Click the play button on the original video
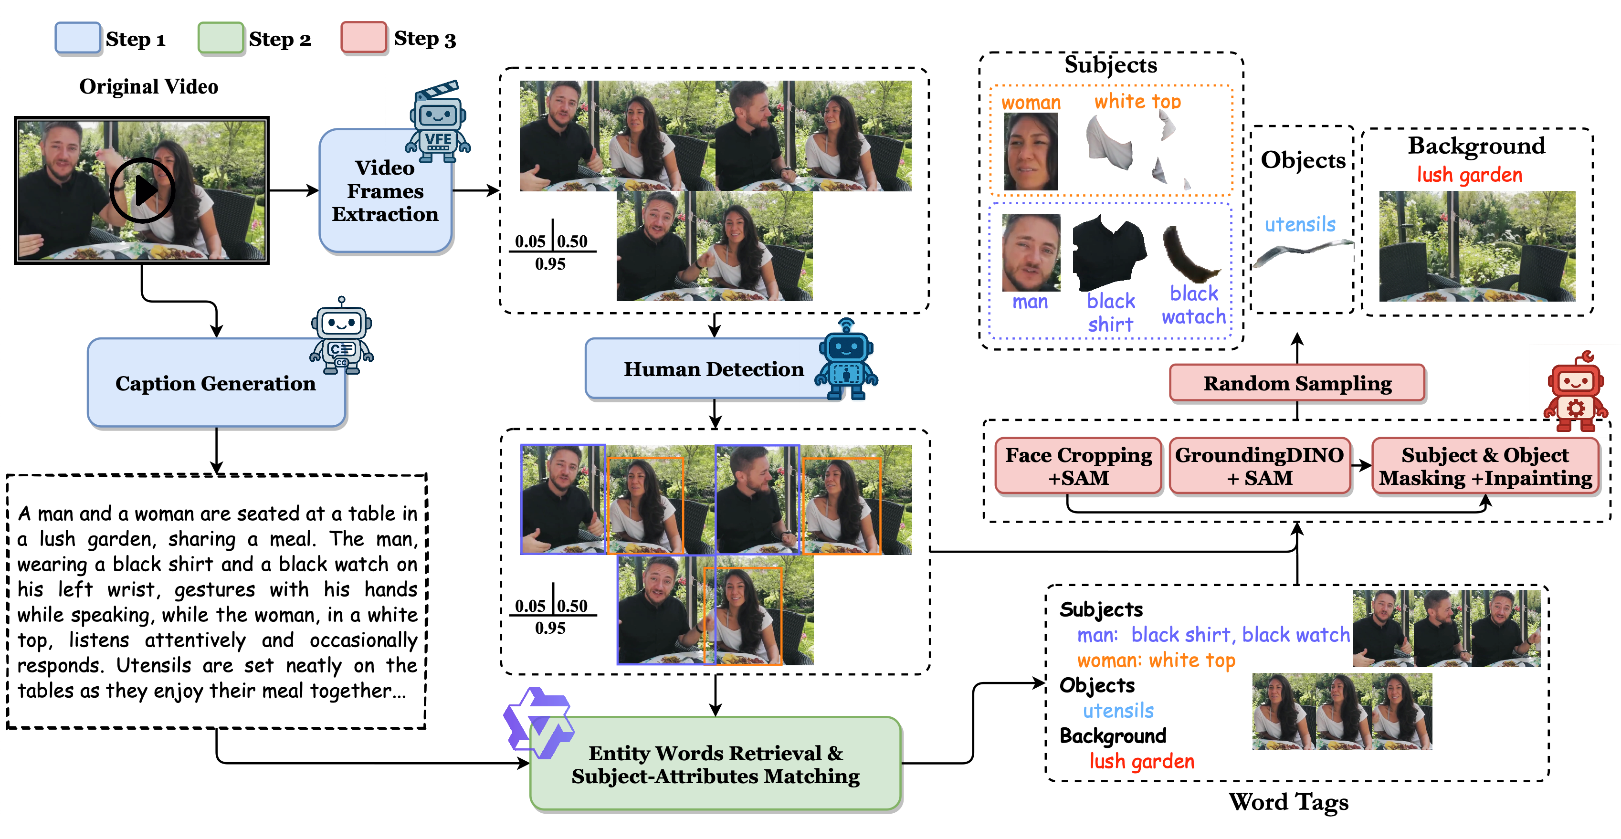pos(142,190)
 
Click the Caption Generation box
pos(215,383)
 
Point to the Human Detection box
pos(713,369)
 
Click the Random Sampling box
pos(1297,383)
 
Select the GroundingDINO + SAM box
pos(1259,466)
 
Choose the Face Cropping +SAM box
pos(1078,466)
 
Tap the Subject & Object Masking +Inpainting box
pos(1485,466)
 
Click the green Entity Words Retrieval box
pos(716,764)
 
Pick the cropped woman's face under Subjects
pos(1031,152)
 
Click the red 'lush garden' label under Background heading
pos(1469,175)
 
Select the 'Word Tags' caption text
pos(1288,802)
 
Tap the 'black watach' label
pos(1194,305)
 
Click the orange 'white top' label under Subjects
pos(1137,101)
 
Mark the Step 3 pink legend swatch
pos(364,38)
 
